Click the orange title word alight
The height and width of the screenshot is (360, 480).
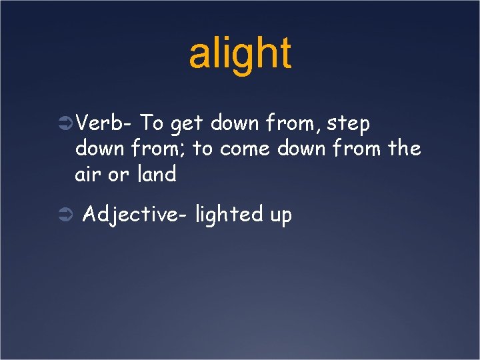pyautogui.click(x=240, y=53)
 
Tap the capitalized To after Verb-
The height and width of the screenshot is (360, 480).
pyautogui.click(x=153, y=123)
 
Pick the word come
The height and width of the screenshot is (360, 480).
pyautogui.click(x=244, y=150)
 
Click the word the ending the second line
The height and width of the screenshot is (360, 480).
pyautogui.click(x=405, y=149)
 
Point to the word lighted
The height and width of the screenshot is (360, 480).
pyautogui.click(x=229, y=215)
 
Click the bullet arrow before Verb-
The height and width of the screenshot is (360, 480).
pyautogui.click(x=65, y=124)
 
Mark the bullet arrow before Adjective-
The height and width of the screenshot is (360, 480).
pyautogui.click(x=65, y=215)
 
